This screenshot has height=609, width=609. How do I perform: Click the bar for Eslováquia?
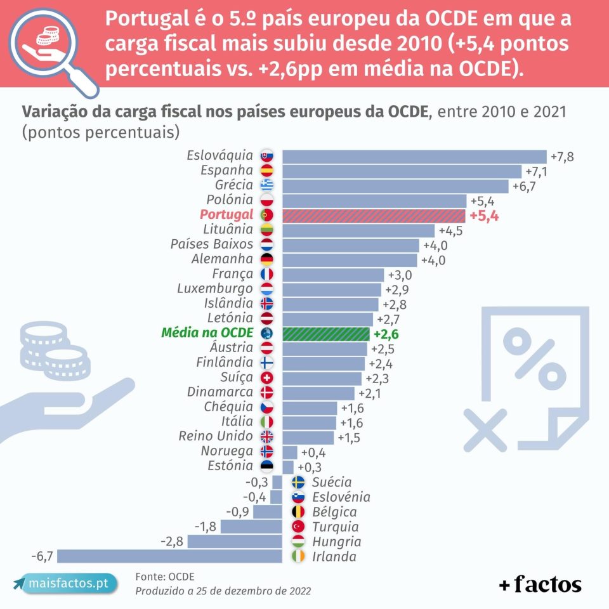[x=414, y=156]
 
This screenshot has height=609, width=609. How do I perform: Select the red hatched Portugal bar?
[x=374, y=215]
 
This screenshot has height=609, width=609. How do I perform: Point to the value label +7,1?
[x=537, y=171]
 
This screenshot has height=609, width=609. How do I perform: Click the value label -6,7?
[x=42, y=556]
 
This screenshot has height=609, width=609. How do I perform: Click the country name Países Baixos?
[x=212, y=244]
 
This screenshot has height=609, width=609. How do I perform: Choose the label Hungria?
[x=336, y=542]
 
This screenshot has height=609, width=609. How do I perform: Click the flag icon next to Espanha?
[x=266, y=171]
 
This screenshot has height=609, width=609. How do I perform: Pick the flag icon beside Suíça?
[x=266, y=378]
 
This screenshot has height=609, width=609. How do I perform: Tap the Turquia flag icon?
[x=298, y=527]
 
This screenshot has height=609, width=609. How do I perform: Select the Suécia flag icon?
[x=298, y=482]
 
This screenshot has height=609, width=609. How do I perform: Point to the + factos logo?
[x=540, y=584]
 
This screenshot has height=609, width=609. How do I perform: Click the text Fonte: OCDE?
[x=164, y=576]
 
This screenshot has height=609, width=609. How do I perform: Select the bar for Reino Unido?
[x=308, y=437]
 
